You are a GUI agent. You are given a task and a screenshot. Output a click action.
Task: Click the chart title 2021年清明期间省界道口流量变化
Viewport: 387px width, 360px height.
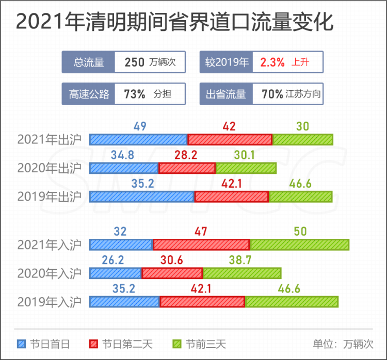point(174,23)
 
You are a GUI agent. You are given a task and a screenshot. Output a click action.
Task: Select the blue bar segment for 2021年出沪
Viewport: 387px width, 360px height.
point(138,139)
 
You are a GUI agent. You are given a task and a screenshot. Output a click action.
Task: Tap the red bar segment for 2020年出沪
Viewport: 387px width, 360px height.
point(187,168)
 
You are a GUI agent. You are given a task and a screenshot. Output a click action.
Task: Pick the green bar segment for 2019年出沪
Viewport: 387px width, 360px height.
point(300,197)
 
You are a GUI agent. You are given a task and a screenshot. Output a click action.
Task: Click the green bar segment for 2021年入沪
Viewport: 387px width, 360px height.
point(299,245)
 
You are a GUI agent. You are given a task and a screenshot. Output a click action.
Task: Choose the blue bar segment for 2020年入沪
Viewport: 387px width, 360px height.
point(116,273)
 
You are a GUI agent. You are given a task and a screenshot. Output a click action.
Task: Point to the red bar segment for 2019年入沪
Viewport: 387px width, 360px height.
point(202,302)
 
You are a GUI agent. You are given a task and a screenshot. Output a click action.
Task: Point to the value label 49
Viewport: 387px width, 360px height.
point(140,126)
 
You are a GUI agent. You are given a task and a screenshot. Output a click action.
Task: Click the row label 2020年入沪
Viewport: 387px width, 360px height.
point(50,273)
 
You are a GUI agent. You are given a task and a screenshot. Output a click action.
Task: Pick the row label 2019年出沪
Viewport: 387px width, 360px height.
point(50,197)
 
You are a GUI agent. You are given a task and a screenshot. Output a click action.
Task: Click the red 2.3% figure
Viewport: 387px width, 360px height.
point(272,63)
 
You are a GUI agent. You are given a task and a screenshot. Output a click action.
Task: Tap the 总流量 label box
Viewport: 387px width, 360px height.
point(89,63)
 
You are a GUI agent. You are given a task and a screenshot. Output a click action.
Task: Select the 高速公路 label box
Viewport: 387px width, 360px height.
point(89,94)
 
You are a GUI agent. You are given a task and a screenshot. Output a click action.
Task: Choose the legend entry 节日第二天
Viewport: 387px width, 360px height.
point(115,343)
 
